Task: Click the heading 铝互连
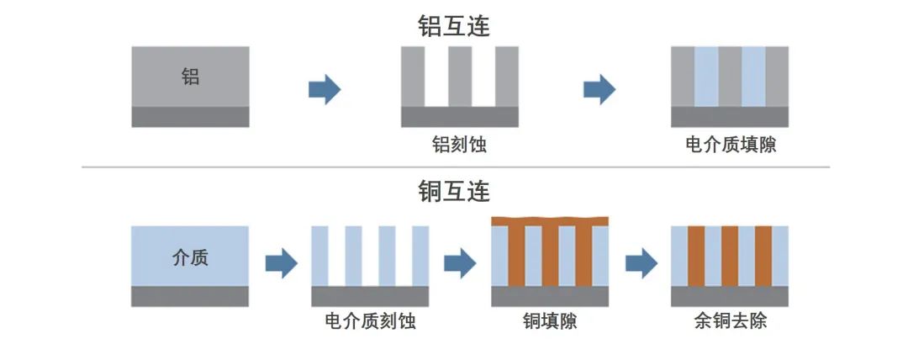[x=454, y=26]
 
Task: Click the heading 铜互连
[x=454, y=192]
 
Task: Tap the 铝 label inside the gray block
[x=191, y=77]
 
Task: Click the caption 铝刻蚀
[x=460, y=146]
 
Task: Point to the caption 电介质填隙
[x=730, y=146]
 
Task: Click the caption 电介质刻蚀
[x=370, y=321]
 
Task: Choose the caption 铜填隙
[x=550, y=321]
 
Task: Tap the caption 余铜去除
[x=731, y=321]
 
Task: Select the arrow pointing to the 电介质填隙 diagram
[x=599, y=89]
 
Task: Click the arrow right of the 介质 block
[x=281, y=264]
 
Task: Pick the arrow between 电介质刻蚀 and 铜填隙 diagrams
[x=460, y=264]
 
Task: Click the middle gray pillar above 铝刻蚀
[x=460, y=77]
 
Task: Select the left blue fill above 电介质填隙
[x=706, y=77]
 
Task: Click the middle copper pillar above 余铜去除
[x=730, y=256]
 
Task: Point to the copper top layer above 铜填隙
[x=550, y=221]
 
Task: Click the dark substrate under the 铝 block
[x=191, y=117]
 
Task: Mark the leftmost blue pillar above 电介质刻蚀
[x=319, y=256]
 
